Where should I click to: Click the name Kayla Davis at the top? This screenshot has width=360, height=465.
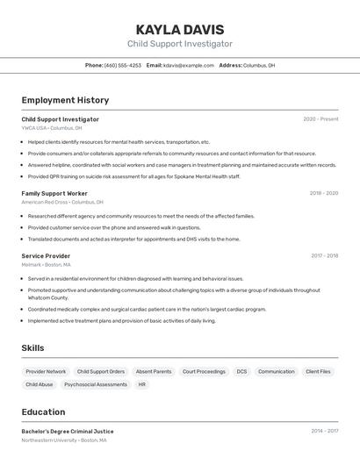coord(180,29)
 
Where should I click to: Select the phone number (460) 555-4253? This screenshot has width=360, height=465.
coord(123,65)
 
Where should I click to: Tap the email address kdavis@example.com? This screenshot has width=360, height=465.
coord(189,65)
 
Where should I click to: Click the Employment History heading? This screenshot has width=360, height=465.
coord(65,100)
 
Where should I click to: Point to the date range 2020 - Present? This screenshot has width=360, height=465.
coord(320,119)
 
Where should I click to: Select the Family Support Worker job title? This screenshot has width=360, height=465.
coord(54,193)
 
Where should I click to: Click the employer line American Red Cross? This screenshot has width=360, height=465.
coord(62,202)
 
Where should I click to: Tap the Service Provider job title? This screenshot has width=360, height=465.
coord(46,256)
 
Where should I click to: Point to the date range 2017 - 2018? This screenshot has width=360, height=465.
coord(324,256)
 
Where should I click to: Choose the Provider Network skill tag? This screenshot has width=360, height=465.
coord(46,371)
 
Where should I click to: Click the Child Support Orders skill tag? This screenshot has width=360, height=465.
coord(101,371)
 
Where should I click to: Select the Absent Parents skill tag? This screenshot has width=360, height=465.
coord(154,371)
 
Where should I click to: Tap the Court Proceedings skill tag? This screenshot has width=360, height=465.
coord(204,371)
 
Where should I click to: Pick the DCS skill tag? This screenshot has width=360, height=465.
coord(241,371)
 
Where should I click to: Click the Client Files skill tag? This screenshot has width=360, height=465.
coord(318,371)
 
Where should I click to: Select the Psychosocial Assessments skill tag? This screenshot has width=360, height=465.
coord(96,384)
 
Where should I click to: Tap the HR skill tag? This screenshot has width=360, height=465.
coord(142,384)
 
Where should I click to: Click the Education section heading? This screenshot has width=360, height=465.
coord(43,411)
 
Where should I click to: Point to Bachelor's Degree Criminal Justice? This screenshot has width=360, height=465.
coord(68,432)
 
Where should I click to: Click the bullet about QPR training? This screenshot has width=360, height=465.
coord(133,176)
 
